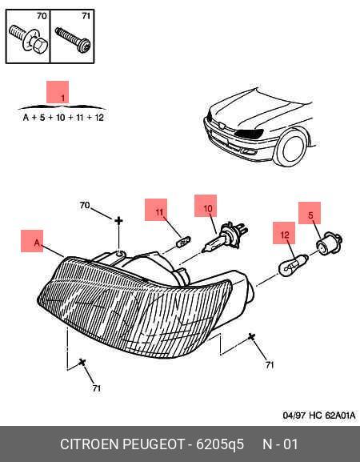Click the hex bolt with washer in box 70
click(x=29, y=38)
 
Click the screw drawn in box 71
click(x=73, y=40)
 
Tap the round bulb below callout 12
click(x=293, y=266)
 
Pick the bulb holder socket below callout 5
click(x=329, y=243)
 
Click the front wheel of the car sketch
click(x=290, y=148)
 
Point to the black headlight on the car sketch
click(x=249, y=134)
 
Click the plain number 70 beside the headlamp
click(x=85, y=205)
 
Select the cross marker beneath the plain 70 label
click(x=118, y=220)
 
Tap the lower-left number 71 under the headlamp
click(x=97, y=388)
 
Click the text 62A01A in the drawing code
click(x=340, y=416)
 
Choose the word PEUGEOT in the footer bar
click(x=153, y=444)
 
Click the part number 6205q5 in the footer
click(x=220, y=444)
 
